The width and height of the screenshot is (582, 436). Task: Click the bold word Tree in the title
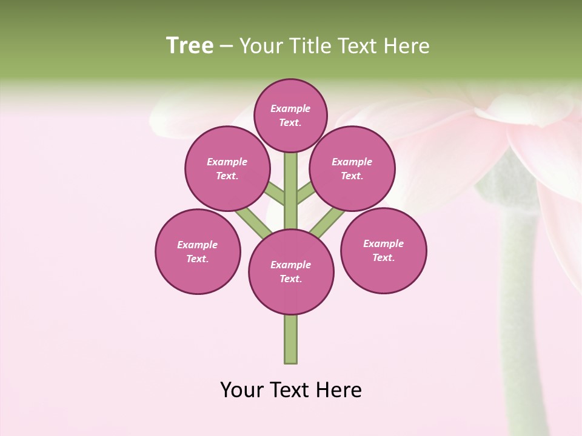190,45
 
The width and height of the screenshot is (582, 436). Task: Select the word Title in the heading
311,46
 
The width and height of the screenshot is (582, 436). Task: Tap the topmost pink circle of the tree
290,115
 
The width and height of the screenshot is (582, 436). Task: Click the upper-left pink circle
227,168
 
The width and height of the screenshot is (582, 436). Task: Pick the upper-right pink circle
352,168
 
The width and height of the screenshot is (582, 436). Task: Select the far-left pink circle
198,251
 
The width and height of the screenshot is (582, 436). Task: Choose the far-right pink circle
384,250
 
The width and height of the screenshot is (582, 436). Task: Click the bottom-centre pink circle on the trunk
291,272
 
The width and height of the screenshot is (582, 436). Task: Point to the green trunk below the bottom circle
291,339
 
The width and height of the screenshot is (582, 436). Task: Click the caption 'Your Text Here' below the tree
291,390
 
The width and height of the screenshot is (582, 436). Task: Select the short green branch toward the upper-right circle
306,193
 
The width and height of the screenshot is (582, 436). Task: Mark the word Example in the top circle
290,108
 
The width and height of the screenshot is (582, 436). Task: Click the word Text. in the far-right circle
384,257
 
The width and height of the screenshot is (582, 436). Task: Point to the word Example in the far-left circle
197,245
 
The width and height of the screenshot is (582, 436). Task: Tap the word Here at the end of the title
409,46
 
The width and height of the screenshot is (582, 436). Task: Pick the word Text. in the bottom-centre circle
290,279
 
